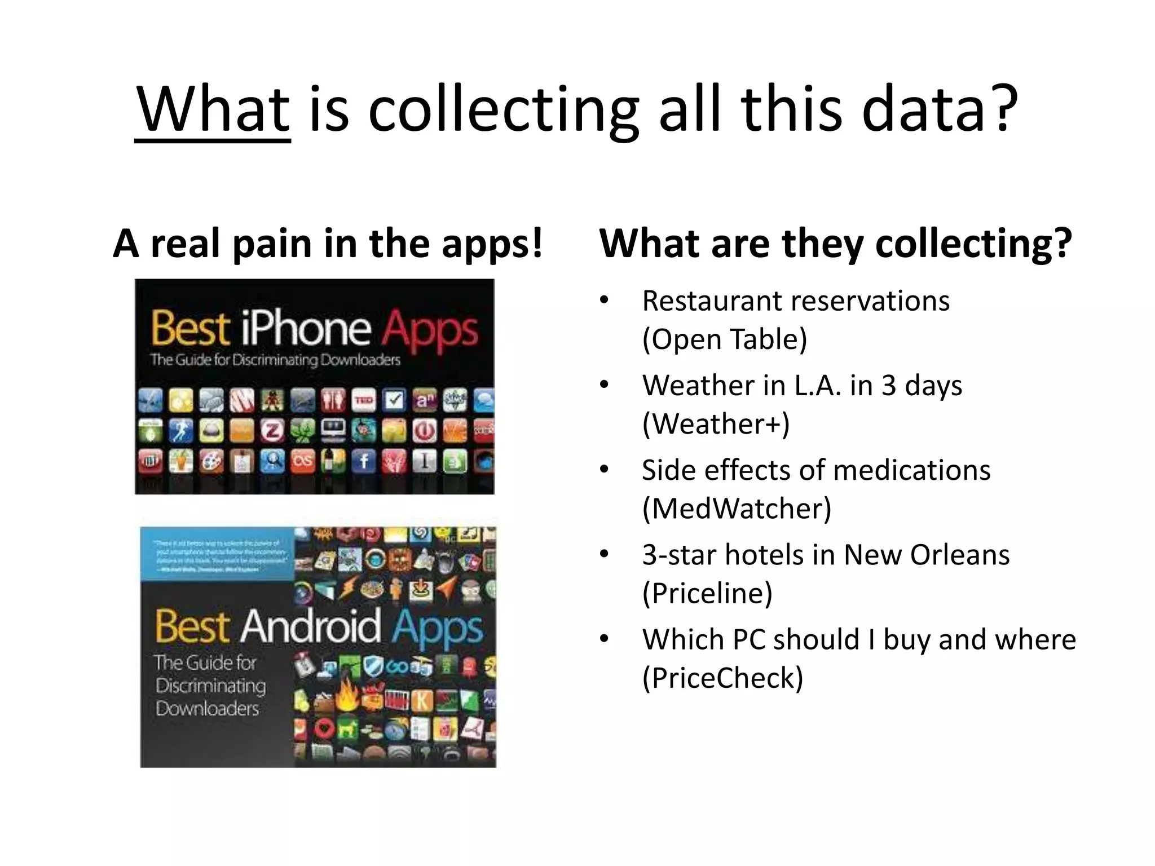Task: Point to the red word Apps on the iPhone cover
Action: [430, 329]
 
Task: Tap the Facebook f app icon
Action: [364, 462]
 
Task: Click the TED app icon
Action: [364, 400]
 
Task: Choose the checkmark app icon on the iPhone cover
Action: [394, 400]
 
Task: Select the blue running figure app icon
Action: [180, 431]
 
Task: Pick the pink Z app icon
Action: [272, 431]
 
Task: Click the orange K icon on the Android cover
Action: [422, 701]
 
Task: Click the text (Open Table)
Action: [725, 339]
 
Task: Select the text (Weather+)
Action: [716, 424]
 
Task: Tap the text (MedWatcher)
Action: [737, 509]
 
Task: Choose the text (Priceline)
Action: [707, 593]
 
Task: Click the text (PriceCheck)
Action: [722, 678]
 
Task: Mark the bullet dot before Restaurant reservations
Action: [605, 301]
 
